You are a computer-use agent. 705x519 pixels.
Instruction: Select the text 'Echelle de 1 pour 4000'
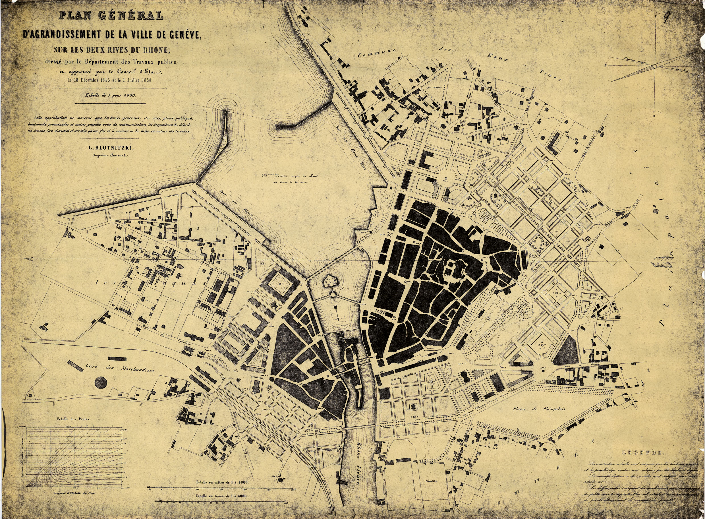pyautogui.click(x=111, y=95)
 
